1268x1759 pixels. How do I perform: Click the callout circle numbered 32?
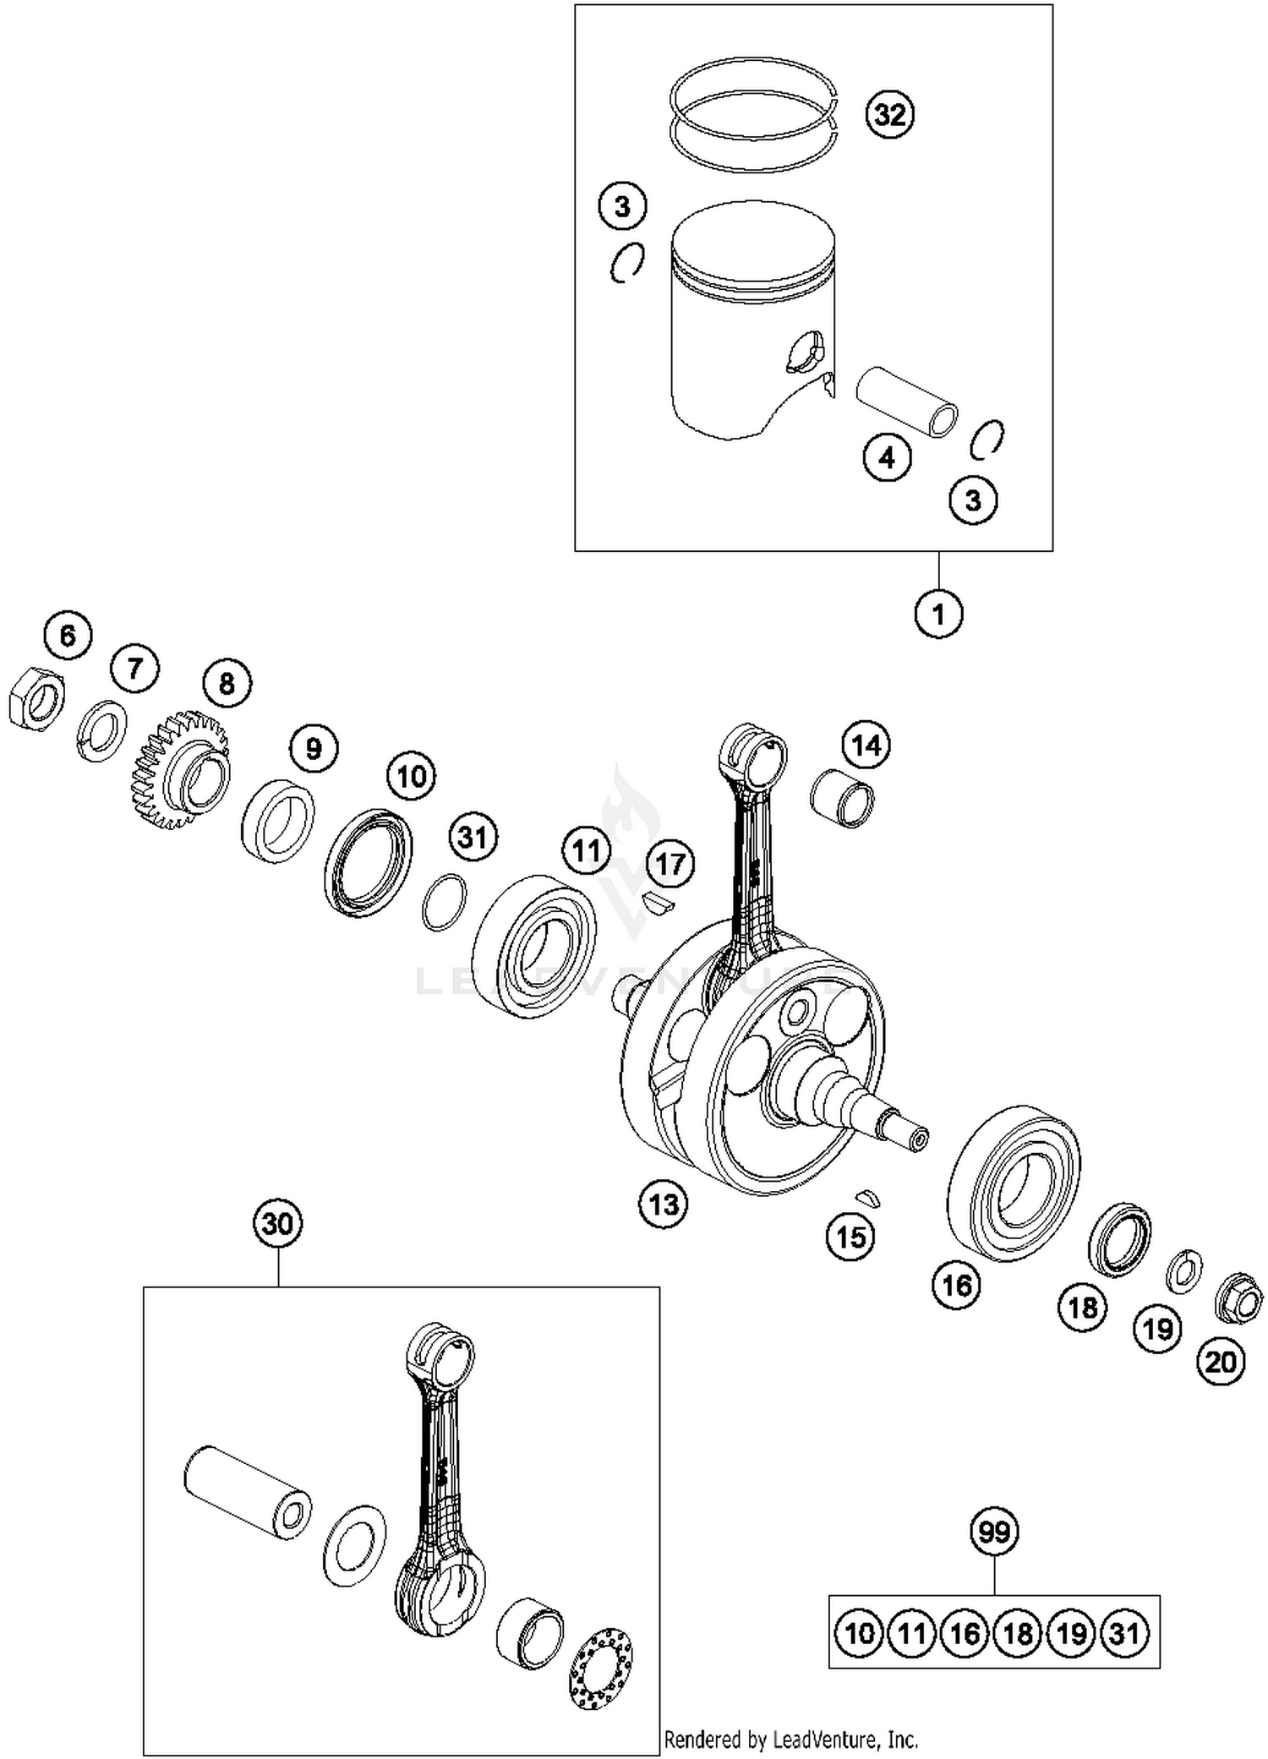point(890,113)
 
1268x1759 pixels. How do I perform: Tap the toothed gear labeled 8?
point(182,769)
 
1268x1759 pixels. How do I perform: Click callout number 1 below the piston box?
point(938,614)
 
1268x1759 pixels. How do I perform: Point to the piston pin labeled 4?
point(907,401)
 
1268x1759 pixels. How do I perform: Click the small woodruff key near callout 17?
point(657,904)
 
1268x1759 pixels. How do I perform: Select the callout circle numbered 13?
point(664,1204)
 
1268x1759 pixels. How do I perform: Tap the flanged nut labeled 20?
point(1238,1298)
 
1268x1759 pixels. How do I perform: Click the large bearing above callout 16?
point(1014,1183)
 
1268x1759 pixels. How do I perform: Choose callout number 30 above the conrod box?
point(277,1224)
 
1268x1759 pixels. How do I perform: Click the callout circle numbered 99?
point(994,1532)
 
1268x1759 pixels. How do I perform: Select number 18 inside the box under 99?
point(1018,1633)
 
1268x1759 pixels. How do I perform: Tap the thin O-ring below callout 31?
point(444,902)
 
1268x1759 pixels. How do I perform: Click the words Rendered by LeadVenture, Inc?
point(790,1740)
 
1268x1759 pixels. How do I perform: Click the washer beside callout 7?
point(103,730)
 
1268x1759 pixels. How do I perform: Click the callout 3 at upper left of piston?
point(622,206)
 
